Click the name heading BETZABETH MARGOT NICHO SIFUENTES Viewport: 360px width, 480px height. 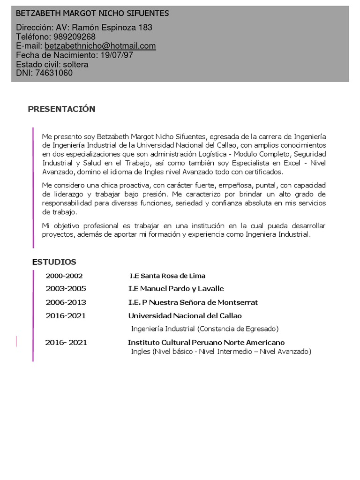(92, 14)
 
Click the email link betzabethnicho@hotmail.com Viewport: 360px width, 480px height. (100, 46)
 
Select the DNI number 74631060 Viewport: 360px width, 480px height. (54, 73)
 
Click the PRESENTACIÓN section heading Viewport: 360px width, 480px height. (61, 109)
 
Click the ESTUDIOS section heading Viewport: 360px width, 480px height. (54, 262)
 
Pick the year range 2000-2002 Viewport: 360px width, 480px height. (64, 276)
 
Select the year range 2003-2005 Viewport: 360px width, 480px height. (66, 289)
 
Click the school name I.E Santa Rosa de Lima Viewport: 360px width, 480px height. (167, 276)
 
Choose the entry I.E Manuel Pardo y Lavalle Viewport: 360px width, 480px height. (176, 289)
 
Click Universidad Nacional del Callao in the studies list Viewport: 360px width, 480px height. (185, 316)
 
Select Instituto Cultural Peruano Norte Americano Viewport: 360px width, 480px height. (206, 343)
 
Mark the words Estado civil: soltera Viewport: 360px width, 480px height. (52, 64)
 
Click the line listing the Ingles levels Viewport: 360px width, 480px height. (221, 352)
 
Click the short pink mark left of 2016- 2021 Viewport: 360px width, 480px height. (16, 341)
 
